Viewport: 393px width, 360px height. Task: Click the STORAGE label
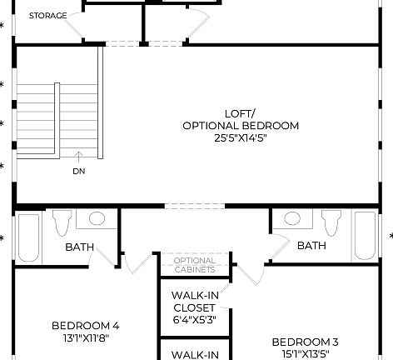click(x=48, y=16)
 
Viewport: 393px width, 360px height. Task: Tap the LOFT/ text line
click(x=241, y=113)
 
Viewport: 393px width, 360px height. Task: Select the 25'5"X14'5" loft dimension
click(x=240, y=137)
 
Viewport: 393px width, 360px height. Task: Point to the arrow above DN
click(x=78, y=156)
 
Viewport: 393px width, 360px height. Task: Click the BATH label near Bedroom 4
click(x=79, y=247)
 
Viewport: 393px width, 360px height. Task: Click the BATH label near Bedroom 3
click(x=311, y=246)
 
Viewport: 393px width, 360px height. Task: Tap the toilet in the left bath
click(x=61, y=223)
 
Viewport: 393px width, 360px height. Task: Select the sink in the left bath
click(x=97, y=219)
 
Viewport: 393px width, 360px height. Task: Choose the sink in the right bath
click(x=292, y=219)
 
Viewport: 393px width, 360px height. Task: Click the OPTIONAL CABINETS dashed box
click(x=195, y=265)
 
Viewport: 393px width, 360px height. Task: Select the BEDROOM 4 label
click(x=85, y=326)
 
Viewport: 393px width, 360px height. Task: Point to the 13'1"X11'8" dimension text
click(x=85, y=338)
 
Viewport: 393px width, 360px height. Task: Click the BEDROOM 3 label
click(x=305, y=342)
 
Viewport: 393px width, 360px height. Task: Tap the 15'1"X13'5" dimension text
click(x=305, y=353)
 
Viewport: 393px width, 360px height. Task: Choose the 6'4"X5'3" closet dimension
click(x=194, y=318)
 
